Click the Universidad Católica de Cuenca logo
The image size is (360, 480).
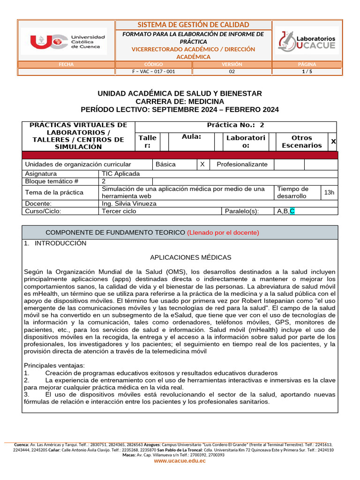pyautogui.click(x=68, y=41)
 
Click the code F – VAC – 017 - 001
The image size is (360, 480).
pyautogui.click(x=154, y=72)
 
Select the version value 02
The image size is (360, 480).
pyautogui.click(x=232, y=72)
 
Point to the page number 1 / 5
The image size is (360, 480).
pyautogui.click(x=307, y=72)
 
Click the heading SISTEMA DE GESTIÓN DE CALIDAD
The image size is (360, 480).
pyautogui.click(x=193, y=25)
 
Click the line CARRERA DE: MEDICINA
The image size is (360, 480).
pyautogui.click(x=180, y=102)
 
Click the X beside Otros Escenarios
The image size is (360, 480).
pyautogui.click(x=333, y=142)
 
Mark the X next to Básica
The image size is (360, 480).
pyautogui.click(x=202, y=165)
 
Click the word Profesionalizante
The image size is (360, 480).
pyautogui.click(x=242, y=165)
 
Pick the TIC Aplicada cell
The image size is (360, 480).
pyautogui.click(x=121, y=173)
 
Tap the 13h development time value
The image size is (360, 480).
pyautogui.click(x=329, y=192)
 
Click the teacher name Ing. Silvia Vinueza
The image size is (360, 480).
pyautogui.click(x=129, y=204)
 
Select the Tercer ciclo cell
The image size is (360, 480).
pyautogui.click(x=119, y=211)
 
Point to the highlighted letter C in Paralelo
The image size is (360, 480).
pyautogui.click(x=292, y=211)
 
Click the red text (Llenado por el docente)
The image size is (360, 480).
pyautogui.click(x=223, y=232)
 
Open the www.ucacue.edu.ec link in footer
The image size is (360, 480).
pyautogui.click(x=180, y=461)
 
